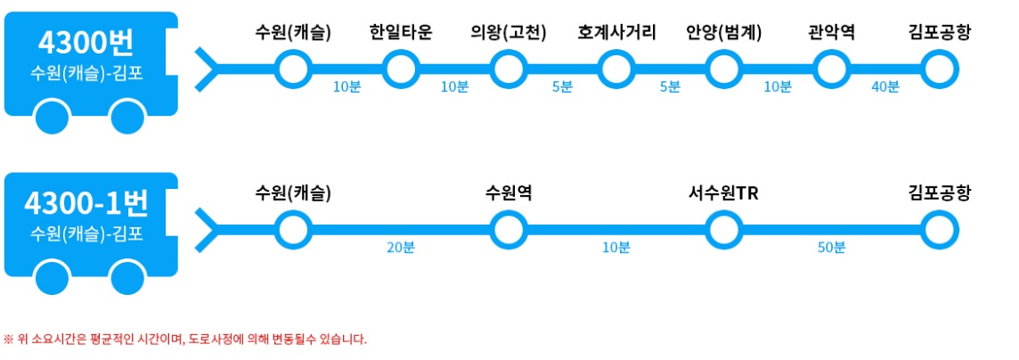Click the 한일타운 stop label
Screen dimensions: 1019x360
pos(400,34)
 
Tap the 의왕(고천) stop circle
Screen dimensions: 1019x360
pos(509,67)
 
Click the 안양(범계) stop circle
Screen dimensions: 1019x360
pos(723,67)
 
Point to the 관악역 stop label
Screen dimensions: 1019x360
pos(831,34)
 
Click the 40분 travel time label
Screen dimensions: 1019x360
pos(884,86)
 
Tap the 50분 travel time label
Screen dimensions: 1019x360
pos(831,248)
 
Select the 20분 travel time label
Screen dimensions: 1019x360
pos(400,248)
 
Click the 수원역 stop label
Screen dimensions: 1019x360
pos(509,193)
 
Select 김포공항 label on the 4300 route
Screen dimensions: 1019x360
pos(939,34)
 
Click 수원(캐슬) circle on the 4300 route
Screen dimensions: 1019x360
pos(292,67)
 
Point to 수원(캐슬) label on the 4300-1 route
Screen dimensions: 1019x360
pos(292,193)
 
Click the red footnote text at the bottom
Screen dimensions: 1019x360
pos(184,339)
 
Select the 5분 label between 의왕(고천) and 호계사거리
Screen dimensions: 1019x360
pos(562,86)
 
